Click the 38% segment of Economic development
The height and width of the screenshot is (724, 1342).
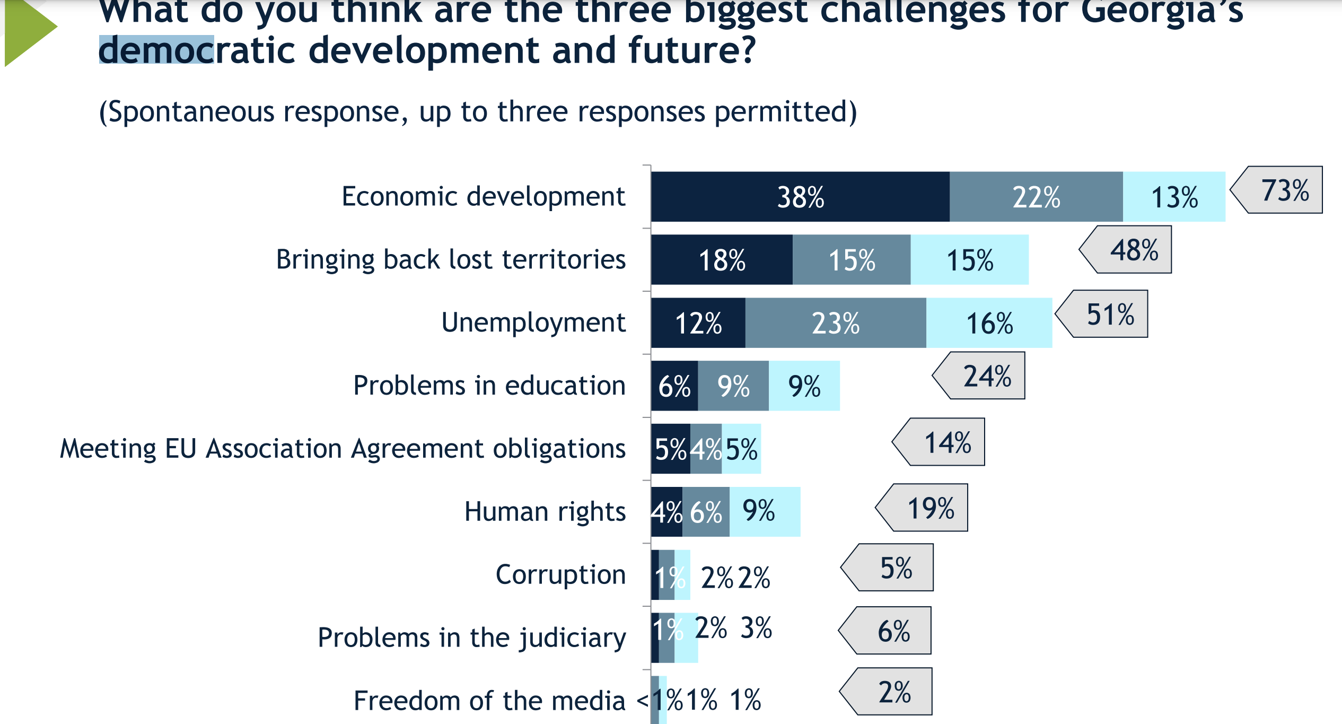(800, 197)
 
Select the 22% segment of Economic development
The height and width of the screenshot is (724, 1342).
(1036, 197)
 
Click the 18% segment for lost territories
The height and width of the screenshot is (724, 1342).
(722, 260)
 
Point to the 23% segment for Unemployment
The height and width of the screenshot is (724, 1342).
(836, 323)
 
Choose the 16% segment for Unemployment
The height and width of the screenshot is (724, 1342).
(989, 323)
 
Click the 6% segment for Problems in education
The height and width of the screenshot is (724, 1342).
(674, 386)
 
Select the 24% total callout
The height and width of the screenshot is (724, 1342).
(987, 376)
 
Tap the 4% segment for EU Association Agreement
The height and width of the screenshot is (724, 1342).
(706, 449)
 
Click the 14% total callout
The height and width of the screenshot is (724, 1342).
(947, 442)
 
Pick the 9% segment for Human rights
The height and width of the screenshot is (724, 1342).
(764, 512)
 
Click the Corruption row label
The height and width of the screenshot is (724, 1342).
(560, 574)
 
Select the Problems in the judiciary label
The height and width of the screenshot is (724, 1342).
(471, 638)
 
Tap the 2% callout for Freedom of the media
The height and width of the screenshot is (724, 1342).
(894, 692)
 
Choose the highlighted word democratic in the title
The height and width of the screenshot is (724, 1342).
(156, 50)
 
